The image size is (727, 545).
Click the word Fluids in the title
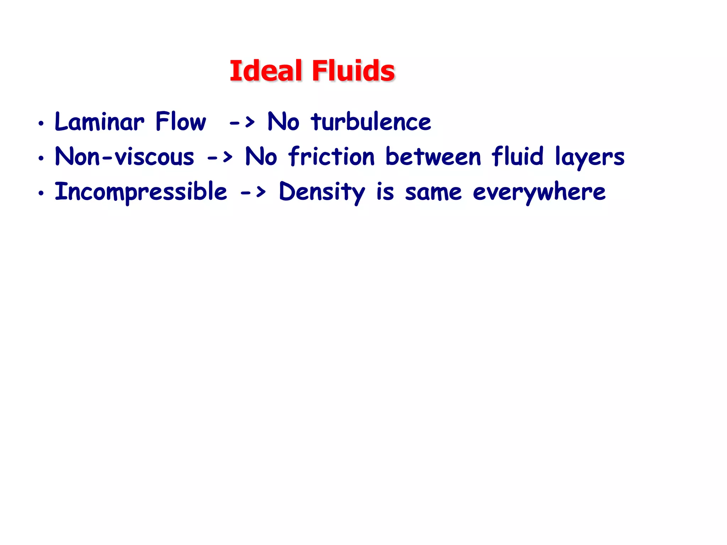tap(353, 71)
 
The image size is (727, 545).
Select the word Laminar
tap(99, 122)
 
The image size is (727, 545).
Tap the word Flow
tap(180, 122)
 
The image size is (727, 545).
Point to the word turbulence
tap(371, 122)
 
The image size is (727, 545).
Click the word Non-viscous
tap(125, 156)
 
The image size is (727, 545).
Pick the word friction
tap(332, 156)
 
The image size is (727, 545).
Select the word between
tap(433, 156)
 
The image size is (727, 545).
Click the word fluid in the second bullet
tap(517, 156)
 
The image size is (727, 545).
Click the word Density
tap(322, 192)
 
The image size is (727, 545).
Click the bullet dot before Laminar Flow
tap(41, 123)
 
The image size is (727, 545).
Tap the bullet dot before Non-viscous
tap(41, 158)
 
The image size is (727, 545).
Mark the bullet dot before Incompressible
tap(41, 193)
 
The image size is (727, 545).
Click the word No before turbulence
tap(283, 122)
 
